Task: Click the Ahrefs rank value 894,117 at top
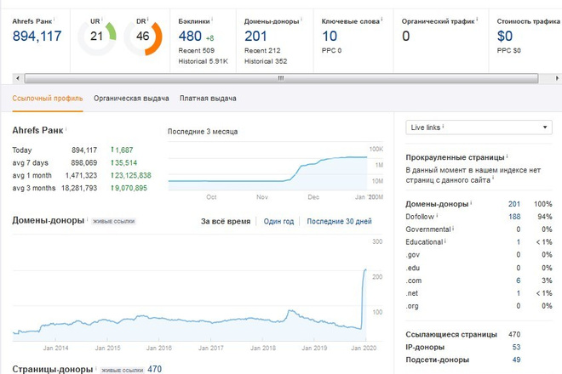click(x=37, y=37)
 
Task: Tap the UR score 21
click(x=96, y=37)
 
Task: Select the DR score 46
click(x=142, y=37)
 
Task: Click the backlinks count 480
click(x=190, y=37)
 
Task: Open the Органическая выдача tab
click(x=131, y=99)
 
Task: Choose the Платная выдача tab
click(x=208, y=99)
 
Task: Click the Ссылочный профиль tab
click(x=48, y=99)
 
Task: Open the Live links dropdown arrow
click(x=545, y=127)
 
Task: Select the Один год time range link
click(x=278, y=222)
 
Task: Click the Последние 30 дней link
click(x=339, y=222)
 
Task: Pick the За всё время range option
click(x=226, y=222)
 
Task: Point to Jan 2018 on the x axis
click(x=263, y=348)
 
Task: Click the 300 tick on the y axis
click(x=377, y=241)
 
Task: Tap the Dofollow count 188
click(x=514, y=217)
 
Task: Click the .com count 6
click(x=519, y=280)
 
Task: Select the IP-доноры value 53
click(x=516, y=347)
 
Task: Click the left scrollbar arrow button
click(x=18, y=78)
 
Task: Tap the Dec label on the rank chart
click(x=313, y=197)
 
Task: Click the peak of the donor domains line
click(x=365, y=269)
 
